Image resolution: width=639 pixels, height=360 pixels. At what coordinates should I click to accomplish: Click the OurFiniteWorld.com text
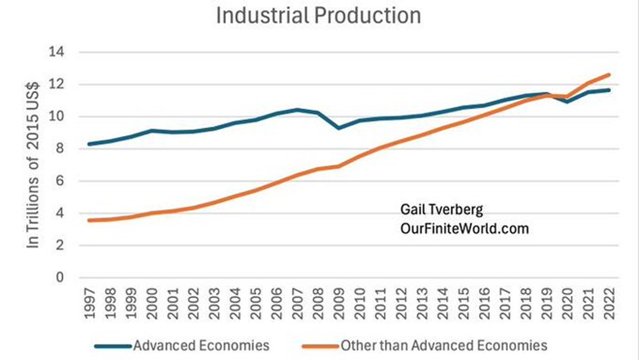[x=464, y=228]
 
